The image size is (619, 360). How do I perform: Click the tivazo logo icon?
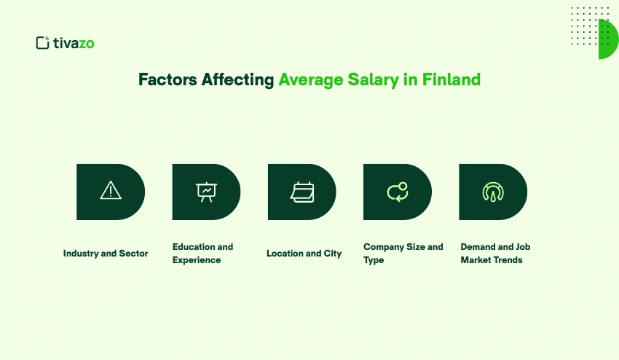42,43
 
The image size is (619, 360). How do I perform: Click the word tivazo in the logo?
74,43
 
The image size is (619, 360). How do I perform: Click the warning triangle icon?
111,192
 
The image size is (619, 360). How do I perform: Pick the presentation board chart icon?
206,192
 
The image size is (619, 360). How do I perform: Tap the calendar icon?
301,192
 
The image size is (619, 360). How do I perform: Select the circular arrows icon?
398,192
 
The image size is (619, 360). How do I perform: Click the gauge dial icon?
493,192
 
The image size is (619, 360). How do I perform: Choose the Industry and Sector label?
106,254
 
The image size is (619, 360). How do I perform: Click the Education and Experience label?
202,254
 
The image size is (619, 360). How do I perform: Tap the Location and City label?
304,254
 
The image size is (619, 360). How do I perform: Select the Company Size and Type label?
403,254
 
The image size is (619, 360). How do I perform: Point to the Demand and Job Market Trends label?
495,254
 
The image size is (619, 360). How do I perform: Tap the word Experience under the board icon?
197,260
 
